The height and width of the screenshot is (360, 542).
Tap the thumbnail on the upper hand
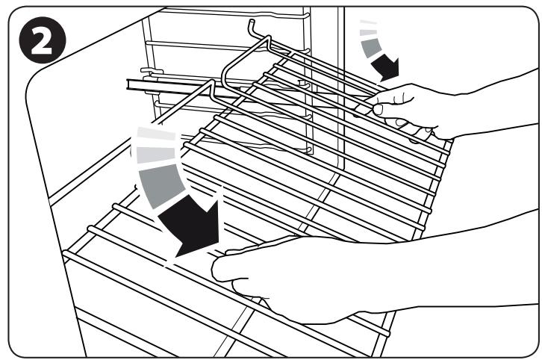(x=379, y=109)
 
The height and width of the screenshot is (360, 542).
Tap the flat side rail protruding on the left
(x=149, y=84)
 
